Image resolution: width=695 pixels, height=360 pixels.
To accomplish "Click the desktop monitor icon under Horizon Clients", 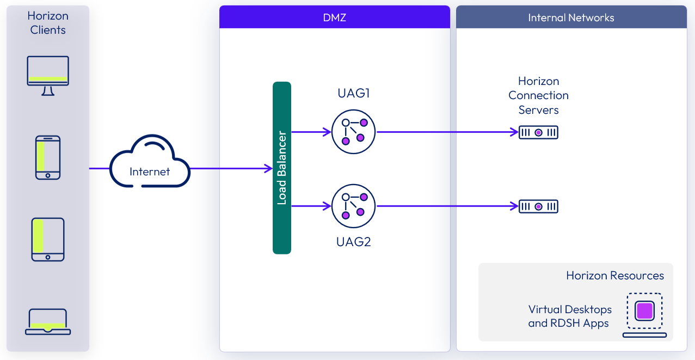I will pos(48,75).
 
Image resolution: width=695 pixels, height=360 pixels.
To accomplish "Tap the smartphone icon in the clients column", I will pos(48,157).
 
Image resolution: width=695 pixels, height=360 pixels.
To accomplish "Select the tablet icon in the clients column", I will pos(48,239).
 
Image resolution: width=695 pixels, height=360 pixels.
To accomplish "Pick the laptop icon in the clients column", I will pos(48,321).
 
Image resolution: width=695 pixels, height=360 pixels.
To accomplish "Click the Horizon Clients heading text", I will pos(48,23).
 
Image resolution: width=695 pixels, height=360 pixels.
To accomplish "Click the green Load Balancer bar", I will pos(282,168).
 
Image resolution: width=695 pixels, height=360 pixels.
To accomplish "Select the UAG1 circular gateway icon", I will pos(354,132).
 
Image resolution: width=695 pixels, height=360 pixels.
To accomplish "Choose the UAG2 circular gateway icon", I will pos(354,206).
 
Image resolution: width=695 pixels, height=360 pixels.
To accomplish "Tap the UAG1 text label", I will pos(354,93).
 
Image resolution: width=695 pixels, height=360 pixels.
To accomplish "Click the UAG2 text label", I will pos(354,241).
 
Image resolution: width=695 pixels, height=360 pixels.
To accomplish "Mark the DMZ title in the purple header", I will pos(334,17).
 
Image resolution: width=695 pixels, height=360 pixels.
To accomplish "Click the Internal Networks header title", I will pos(571,17).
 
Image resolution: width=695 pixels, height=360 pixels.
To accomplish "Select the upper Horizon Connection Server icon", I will pos(538,132).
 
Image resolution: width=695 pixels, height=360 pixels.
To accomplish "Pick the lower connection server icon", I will pos(538,206).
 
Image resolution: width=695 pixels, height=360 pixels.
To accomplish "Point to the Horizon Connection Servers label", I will pos(538,95).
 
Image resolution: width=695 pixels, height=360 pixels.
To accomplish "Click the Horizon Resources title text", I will pos(615,276).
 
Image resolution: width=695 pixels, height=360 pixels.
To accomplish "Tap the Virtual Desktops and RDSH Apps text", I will pos(570,316).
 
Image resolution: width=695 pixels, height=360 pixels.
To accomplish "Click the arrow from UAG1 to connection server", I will pos(446,132).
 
